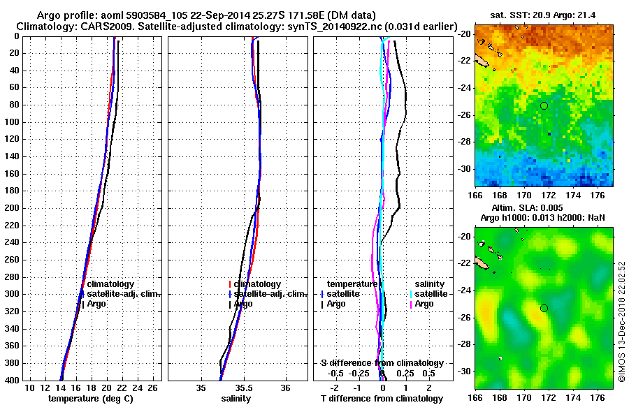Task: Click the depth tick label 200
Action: coord(13,208)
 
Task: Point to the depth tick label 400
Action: coord(13,380)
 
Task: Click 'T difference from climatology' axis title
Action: coord(382,398)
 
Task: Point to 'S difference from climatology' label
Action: coord(382,363)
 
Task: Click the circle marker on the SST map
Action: coord(544,105)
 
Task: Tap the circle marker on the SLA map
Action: coord(544,308)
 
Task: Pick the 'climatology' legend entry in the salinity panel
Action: coord(257,284)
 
